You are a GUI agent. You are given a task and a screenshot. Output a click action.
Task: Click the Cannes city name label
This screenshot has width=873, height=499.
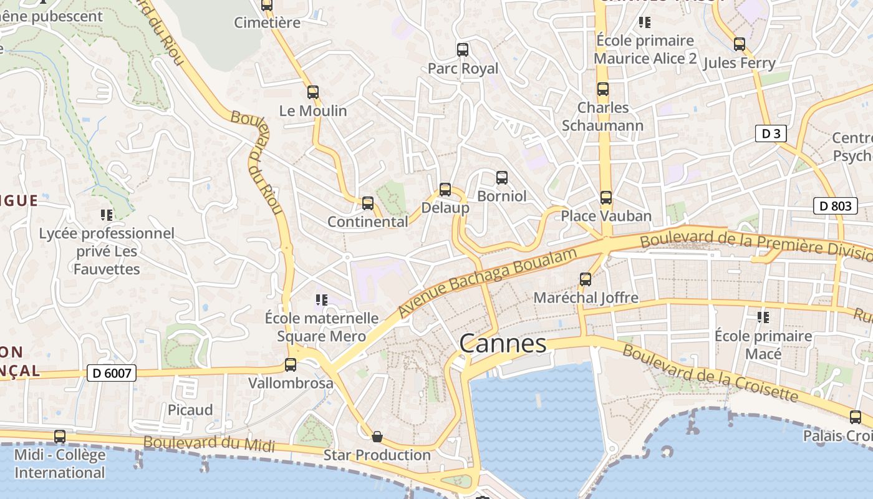pos(503,344)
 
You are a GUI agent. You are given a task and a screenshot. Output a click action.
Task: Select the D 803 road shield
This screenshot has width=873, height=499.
pos(835,206)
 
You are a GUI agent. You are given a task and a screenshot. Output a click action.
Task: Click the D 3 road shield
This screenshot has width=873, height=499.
pos(771,133)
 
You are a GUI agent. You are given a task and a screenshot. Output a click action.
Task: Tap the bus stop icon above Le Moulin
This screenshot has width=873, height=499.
pos(313,92)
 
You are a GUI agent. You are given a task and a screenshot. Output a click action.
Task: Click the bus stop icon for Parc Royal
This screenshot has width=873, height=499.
pos(463,50)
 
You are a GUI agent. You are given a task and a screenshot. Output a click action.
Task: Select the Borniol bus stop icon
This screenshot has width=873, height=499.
pos(502,178)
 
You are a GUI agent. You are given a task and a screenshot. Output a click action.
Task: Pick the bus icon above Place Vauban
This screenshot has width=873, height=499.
pos(605,198)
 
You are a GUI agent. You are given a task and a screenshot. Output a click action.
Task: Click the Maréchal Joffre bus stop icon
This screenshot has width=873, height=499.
pos(586,279)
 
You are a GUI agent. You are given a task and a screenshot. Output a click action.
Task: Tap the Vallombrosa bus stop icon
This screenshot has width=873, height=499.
pos(291,365)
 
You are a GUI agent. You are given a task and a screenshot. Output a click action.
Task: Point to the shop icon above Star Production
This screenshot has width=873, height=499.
pos(377,437)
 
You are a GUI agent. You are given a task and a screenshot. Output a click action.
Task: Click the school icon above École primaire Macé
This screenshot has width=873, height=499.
pos(763,317)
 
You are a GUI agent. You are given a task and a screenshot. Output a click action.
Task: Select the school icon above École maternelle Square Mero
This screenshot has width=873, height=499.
pos(322,300)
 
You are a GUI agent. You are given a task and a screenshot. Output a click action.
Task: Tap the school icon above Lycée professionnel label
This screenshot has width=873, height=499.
pos(107,215)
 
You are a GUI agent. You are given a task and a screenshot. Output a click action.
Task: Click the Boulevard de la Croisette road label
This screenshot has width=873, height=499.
pos(710,373)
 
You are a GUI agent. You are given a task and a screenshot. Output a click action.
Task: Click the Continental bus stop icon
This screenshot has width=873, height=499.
pos(368,203)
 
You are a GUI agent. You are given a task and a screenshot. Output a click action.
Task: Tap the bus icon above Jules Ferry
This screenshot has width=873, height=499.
pos(740,44)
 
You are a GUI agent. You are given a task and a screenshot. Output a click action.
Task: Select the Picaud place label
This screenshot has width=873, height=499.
pos(190,410)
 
